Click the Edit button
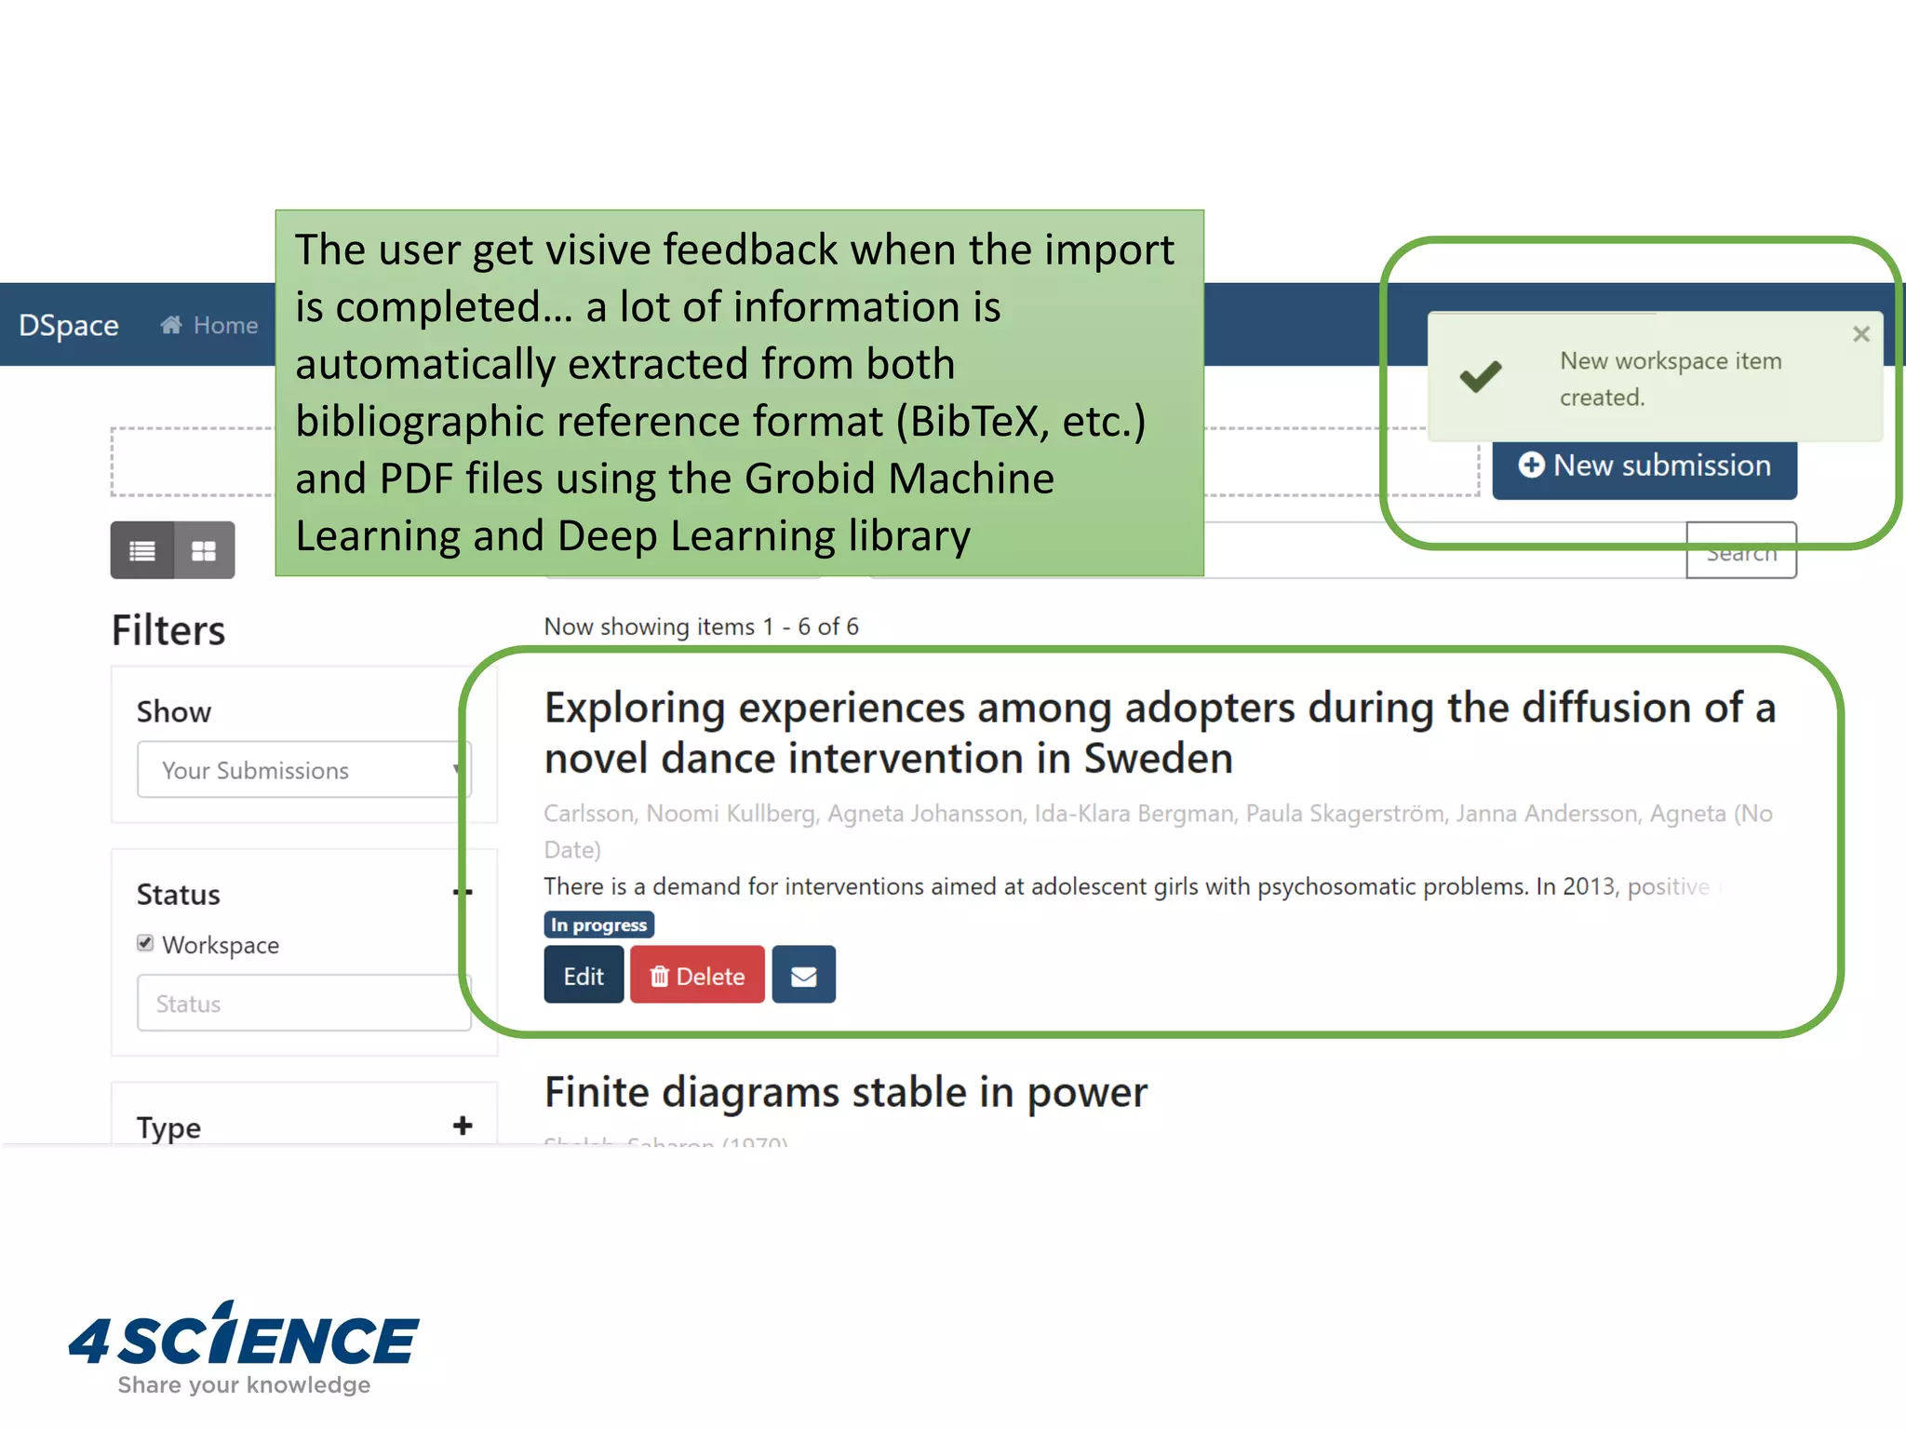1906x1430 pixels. coord(584,975)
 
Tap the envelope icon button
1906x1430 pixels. coord(803,975)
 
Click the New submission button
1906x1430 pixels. coord(1644,466)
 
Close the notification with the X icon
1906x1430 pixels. coord(1860,334)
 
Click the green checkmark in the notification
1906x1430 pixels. coord(1480,377)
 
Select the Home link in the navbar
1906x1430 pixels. coord(210,326)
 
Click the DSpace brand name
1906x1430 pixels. coord(69,326)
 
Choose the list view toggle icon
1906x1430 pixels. coord(142,550)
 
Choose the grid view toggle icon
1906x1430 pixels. coord(204,550)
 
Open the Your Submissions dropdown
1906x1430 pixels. coord(303,770)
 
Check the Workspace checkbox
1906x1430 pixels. coord(145,943)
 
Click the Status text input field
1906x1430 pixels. coord(303,1004)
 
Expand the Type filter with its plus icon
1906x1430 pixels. coord(463,1126)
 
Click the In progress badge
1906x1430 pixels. coord(598,924)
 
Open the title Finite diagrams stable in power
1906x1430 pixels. coord(845,1093)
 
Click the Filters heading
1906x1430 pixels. coord(168,630)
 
